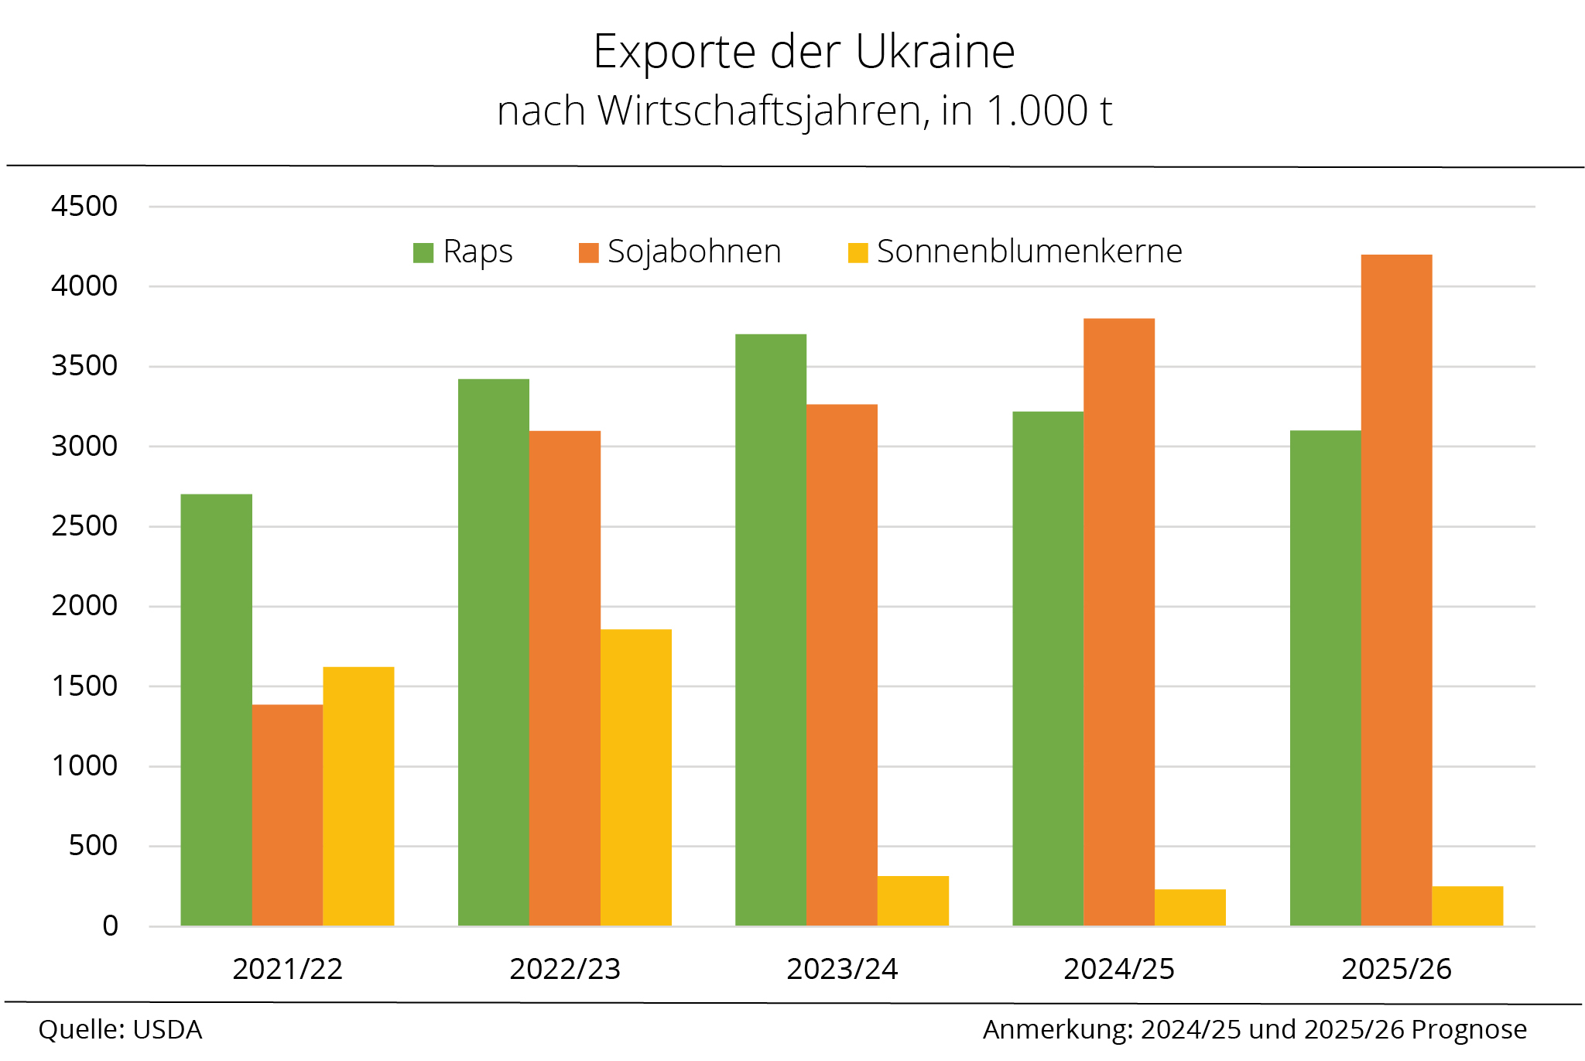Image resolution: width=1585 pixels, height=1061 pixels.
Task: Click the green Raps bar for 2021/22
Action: pyautogui.click(x=216, y=710)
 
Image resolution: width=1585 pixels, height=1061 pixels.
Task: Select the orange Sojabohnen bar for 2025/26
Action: pyautogui.click(x=1396, y=590)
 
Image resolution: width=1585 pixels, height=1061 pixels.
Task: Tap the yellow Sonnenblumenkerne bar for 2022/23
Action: pyautogui.click(x=635, y=777)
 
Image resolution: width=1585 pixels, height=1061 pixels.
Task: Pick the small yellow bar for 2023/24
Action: pyautogui.click(x=912, y=901)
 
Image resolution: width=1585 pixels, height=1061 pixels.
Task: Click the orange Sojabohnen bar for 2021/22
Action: pyautogui.click(x=287, y=815)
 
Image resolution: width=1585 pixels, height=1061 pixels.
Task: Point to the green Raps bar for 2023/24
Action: pyautogui.click(x=770, y=630)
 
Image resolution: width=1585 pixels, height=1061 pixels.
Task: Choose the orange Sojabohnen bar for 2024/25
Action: pyautogui.click(x=1118, y=621)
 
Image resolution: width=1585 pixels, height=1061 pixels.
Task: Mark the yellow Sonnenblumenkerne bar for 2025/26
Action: pyautogui.click(x=1467, y=905)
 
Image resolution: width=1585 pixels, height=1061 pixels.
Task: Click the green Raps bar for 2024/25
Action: pyautogui.click(x=1047, y=669)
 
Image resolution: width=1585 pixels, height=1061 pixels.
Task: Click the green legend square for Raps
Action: pyautogui.click(x=423, y=253)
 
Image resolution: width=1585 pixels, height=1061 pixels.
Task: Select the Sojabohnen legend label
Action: pyautogui.click(x=694, y=252)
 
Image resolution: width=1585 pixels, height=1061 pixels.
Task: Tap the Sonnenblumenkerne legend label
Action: pyautogui.click(x=1029, y=252)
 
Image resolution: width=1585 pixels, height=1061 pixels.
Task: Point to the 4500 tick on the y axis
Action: pyautogui.click(x=84, y=206)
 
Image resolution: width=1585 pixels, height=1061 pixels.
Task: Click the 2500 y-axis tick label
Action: pyautogui.click(x=84, y=526)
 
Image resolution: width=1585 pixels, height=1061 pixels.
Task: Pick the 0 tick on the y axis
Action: pyautogui.click(x=110, y=926)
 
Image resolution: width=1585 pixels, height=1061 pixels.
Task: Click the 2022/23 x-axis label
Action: pyautogui.click(x=565, y=969)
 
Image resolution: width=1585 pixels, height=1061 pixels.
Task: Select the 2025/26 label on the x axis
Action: pyautogui.click(x=1396, y=969)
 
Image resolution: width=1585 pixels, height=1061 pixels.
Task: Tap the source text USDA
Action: pyautogui.click(x=167, y=1030)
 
